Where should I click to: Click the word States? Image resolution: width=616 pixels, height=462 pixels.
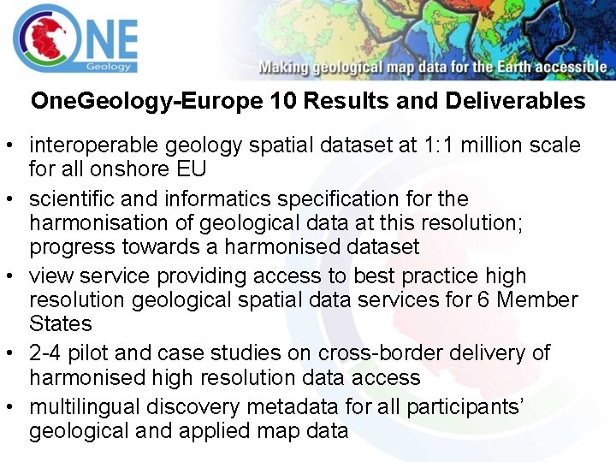click(x=60, y=324)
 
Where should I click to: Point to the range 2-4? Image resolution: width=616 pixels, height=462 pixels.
click(x=46, y=352)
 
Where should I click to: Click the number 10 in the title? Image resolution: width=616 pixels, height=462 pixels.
click(x=282, y=101)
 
